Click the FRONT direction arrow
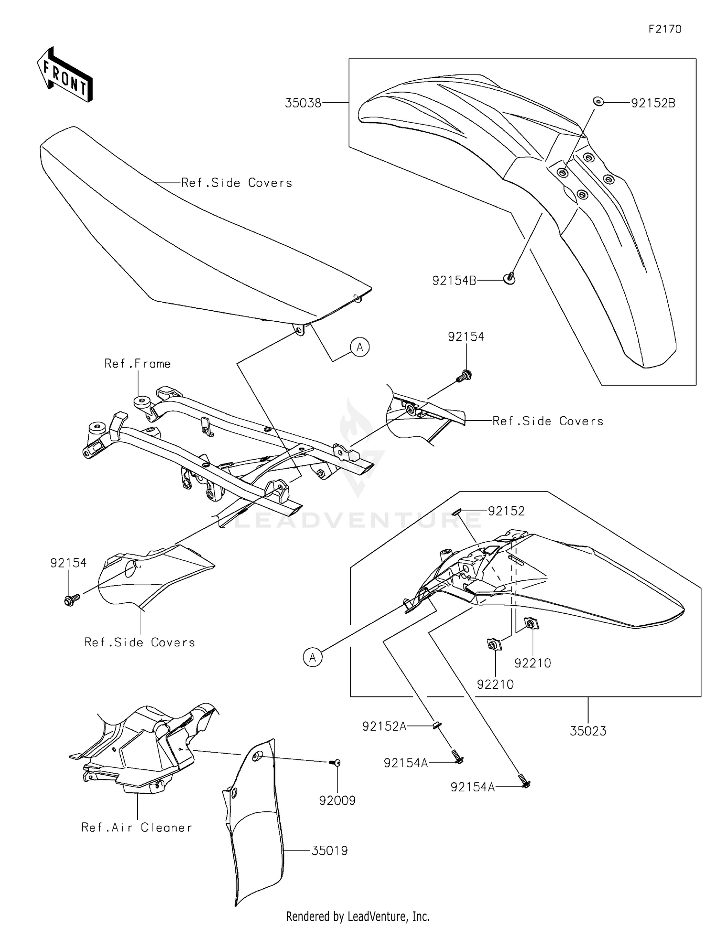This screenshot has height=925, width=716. click(64, 74)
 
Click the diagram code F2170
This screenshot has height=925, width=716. click(664, 29)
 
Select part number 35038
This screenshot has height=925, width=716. click(303, 103)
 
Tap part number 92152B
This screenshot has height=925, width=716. click(653, 103)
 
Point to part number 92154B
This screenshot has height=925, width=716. click(454, 281)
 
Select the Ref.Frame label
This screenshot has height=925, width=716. click(137, 364)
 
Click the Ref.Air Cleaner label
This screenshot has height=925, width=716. click(137, 827)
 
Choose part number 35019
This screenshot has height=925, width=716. click(329, 850)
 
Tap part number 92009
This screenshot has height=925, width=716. click(337, 800)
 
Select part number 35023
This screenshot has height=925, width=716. click(588, 731)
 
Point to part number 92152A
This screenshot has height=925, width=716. click(384, 726)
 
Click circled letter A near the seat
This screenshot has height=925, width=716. click(360, 347)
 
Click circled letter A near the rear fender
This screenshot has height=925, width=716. click(313, 657)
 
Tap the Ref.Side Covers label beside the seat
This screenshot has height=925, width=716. click(236, 183)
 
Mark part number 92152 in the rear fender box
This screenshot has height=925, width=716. click(506, 511)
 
